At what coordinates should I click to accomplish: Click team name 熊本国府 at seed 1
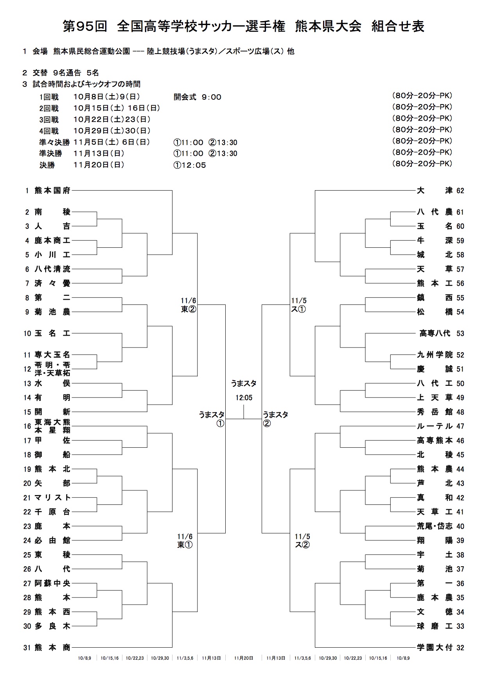[52, 191]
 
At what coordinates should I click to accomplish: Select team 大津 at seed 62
[435, 191]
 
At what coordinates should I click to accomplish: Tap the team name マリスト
[52, 497]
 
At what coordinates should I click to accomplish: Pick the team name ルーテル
[435, 426]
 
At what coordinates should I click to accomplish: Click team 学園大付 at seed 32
[435, 648]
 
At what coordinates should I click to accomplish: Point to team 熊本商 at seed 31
[52, 648]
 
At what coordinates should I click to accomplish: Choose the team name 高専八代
[435, 333]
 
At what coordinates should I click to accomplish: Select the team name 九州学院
[435, 355]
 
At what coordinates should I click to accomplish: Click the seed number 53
[460, 334]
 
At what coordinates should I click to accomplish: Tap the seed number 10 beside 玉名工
[27, 334]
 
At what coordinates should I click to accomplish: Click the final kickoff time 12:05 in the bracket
[244, 398]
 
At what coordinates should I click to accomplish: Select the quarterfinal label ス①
[298, 309]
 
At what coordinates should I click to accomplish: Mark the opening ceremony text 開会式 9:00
[198, 97]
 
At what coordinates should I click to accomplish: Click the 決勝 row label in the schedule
[47, 165]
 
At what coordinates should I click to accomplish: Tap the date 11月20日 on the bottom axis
[243, 658]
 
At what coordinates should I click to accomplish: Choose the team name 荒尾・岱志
[435, 526]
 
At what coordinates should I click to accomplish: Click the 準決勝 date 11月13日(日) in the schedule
[99, 153]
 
